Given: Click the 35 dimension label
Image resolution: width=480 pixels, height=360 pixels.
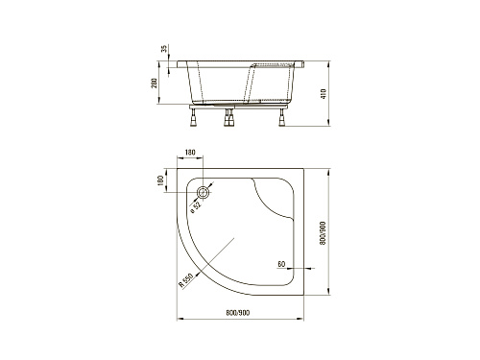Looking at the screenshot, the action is click(x=164, y=49).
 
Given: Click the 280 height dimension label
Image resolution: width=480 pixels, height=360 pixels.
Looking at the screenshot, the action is click(x=154, y=84).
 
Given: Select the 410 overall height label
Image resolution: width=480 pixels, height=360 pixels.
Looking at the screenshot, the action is click(x=324, y=93).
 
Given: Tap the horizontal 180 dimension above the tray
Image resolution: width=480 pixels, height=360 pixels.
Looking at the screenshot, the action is click(x=190, y=153).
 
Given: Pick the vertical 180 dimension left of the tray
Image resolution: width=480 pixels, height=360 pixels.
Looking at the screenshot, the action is click(x=160, y=180).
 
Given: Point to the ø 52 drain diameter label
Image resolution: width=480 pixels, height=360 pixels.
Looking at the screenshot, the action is click(x=196, y=207).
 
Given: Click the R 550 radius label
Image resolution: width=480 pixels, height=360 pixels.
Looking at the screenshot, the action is click(x=185, y=280).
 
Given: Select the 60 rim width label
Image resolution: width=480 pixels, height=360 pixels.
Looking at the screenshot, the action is click(x=281, y=264).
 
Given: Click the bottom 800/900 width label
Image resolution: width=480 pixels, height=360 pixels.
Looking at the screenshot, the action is click(x=238, y=313).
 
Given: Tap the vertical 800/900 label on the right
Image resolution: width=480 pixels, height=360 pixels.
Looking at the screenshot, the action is click(x=323, y=233).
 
